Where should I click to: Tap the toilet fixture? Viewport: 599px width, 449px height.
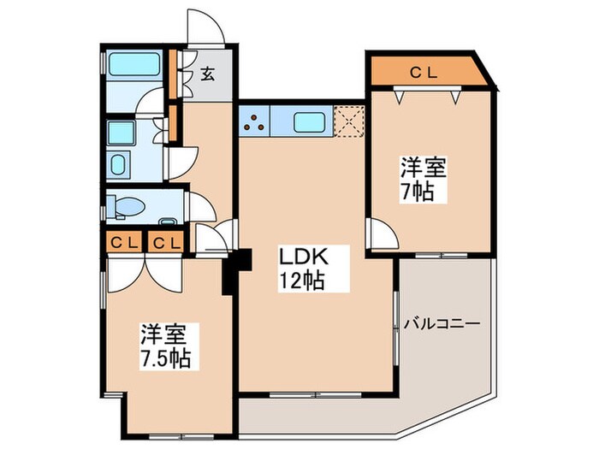click(x=127, y=206)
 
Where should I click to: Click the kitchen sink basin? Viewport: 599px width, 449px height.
click(x=309, y=121)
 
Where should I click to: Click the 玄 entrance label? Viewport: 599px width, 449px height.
click(x=208, y=74)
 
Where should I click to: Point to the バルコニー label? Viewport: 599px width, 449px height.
click(x=442, y=324)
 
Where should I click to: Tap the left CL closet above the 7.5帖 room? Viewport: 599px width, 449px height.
click(x=124, y=243)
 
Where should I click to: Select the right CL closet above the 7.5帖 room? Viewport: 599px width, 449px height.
click(x=167, y=243)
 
